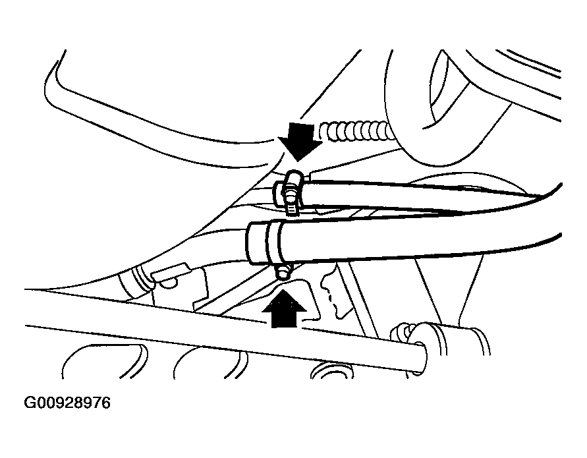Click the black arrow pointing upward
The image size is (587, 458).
tap(284, 308)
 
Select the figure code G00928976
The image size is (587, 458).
tap(67, 403)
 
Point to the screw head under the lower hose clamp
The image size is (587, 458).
tap(283, 272)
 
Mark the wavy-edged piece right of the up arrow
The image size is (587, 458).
tap(335, 292)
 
